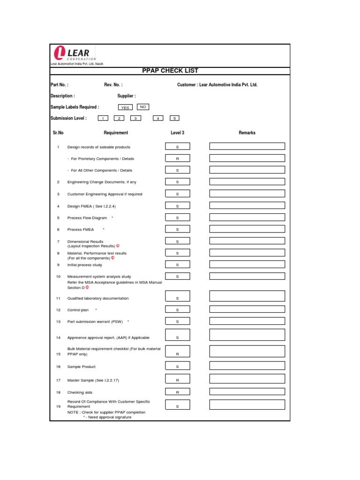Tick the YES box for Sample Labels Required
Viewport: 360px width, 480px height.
click(x=125, y=108)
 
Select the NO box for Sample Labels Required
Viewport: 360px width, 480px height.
click(x=143, y=107)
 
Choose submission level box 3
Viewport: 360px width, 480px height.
click(x=135, y=119)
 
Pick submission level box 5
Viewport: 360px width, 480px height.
click(x=174, y=119)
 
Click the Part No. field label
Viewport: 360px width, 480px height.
click(x=60, y=85)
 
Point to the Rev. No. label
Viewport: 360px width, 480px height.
click(x=113, y=85)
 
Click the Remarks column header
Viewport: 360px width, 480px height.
click(x=247, y=133)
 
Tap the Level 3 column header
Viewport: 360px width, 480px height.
click(x=177, y=133)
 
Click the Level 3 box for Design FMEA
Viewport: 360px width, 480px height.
click(x=177, y=206)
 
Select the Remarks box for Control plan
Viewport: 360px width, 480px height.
click(x=247, y=310)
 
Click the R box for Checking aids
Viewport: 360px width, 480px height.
click(x=177, y=392)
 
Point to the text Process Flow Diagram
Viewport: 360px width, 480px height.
click(x=87, y=218)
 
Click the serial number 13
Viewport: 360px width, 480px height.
click(x=59, y=322)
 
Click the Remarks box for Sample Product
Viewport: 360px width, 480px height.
click(x=247, y=367)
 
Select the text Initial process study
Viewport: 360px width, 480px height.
click(x=85, y=265)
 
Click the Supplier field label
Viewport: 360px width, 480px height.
click(x=127, y=96)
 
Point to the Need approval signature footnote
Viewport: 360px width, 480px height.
click(x=107, y=417)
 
